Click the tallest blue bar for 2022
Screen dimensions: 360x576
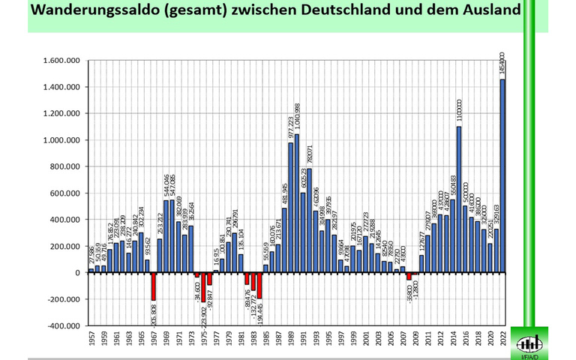[502, 176]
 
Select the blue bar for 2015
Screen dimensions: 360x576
[457, 199]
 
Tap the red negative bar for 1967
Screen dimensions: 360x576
[153, 286]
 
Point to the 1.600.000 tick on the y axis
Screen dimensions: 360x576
[62, 61]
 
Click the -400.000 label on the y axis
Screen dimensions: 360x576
[62, 326]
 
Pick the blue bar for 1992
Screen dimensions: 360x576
[310, 220]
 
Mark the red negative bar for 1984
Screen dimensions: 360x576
[259, 286]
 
